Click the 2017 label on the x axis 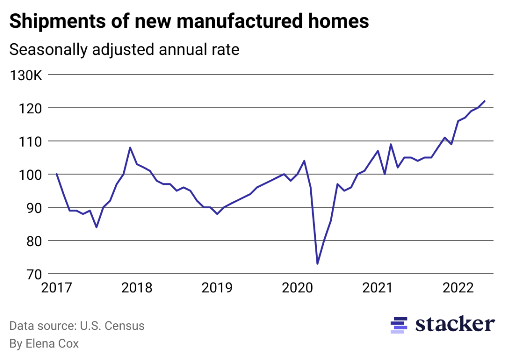[56, 288]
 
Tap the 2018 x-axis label [137, 288]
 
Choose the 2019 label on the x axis [217, 288]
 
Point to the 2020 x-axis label [297, 288]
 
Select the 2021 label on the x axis [377, 288]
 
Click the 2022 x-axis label [457, 288]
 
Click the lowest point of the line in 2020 [317, 264]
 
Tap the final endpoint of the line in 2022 [485, 101]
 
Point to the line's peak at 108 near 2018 [130, 148]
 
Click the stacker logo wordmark [455, 324]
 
